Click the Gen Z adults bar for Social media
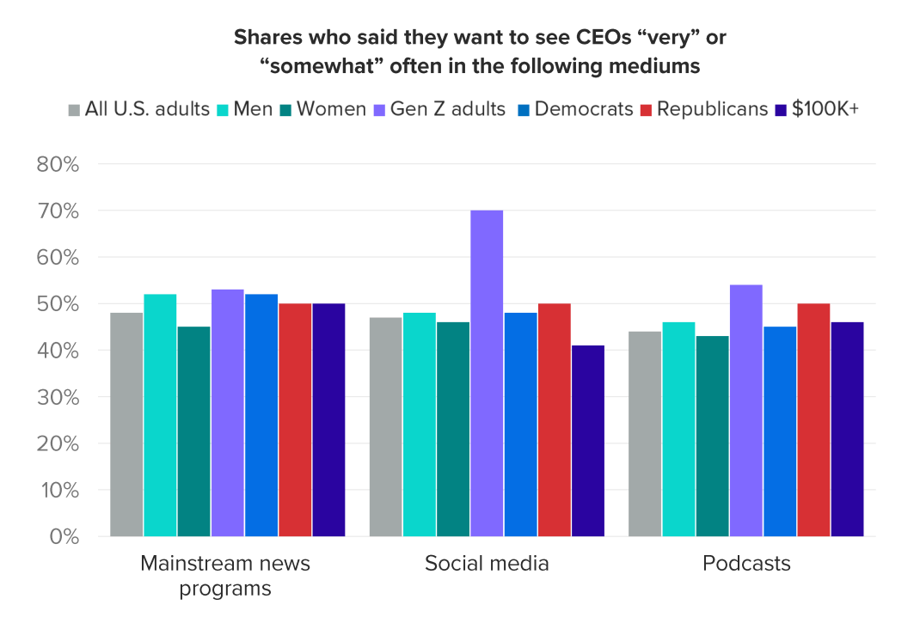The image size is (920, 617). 487,374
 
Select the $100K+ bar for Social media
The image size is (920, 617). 588,441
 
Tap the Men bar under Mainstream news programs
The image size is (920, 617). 160,415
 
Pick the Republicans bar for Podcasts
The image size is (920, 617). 813,420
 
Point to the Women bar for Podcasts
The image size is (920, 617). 712,437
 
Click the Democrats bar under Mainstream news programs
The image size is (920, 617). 261,415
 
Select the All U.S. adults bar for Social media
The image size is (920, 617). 385,427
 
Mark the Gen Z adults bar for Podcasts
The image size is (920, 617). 745,411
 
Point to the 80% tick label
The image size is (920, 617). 58,164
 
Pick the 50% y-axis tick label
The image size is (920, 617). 58,304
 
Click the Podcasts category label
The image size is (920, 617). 746,564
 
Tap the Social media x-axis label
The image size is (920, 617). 487,564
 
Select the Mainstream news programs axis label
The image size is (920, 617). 225,576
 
